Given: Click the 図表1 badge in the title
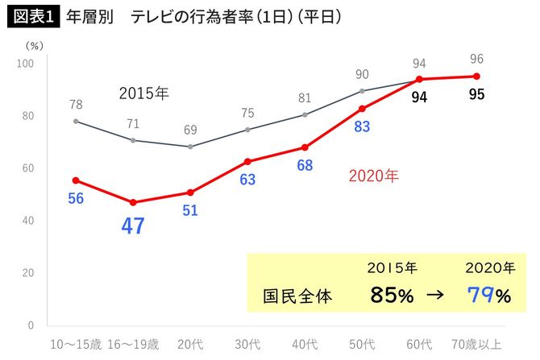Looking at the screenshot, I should point(32,17).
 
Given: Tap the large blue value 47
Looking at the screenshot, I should point(132,226).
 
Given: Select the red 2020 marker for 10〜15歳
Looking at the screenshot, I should point(76,180).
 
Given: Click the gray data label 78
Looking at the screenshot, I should point(76,104).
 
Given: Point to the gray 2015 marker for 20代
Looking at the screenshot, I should point(190,147).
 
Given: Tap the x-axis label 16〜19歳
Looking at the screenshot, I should point(133,344).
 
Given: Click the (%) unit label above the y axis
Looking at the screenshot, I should point(35,46).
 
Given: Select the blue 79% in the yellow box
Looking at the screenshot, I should point(489,296).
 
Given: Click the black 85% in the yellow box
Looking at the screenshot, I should point(392,296).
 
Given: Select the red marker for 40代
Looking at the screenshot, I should point(305,147).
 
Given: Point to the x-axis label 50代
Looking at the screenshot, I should point(361,344).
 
